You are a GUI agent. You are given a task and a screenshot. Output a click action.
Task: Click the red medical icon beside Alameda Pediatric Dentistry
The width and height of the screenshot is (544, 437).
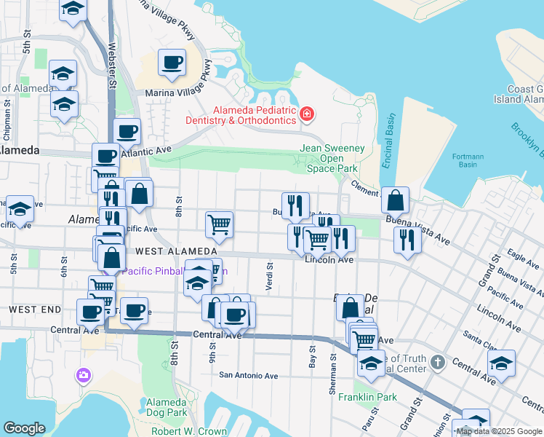coord(307,114)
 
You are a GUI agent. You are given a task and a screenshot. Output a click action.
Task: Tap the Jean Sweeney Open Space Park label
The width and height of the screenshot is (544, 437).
coord(332,158)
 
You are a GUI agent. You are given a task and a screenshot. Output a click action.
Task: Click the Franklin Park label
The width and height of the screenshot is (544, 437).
coord(377,397)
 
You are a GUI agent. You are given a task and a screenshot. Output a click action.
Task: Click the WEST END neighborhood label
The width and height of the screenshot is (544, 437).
coord(34,310)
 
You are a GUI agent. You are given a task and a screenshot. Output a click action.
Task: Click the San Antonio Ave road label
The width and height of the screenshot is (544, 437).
coord(249,376)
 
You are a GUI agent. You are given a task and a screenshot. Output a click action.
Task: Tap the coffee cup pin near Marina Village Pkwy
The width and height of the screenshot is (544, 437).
coord(172,63)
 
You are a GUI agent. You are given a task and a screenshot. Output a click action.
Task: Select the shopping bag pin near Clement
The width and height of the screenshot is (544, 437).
coord(395,200)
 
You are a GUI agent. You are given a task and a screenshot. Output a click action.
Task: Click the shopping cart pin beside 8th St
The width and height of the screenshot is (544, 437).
coord(219,225)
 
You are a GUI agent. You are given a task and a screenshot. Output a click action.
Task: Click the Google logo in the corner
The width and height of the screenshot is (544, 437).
coord(24,428)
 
